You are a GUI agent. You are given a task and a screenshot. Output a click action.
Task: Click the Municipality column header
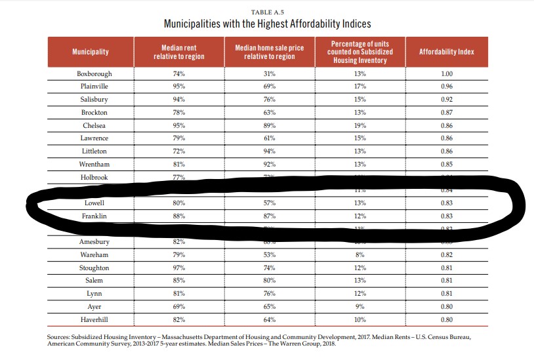[x=91, y=52]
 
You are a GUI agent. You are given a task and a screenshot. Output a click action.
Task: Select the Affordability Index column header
[x=446, y=52]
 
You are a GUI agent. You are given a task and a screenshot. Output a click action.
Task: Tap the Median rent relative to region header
[x=179, y=52]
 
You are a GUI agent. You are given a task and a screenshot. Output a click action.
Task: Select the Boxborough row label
[x=94, y=73]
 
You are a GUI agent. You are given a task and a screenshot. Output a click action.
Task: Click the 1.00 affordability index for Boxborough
[x=447, y=73]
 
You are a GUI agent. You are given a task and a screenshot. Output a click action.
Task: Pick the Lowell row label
[x=94, y=203]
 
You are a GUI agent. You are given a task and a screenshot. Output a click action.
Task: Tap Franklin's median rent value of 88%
[x=178, y=216]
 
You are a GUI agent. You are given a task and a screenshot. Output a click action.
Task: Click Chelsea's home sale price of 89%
[x=270, y=125]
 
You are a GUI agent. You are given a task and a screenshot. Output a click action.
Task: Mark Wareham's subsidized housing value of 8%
[x=359, y=254]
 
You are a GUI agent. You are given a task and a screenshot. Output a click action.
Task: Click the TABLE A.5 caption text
[x=267, y=12]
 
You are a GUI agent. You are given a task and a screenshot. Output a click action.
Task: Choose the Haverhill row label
[x=94, y=319]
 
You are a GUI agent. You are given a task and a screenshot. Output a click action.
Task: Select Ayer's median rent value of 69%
[x=178, y=306]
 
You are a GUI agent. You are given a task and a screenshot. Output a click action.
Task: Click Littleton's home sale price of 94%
[x=270, y=151]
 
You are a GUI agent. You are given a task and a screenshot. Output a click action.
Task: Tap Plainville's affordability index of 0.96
[x=447, y=87]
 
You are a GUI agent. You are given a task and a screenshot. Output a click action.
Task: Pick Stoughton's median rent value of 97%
[x=178, y=268]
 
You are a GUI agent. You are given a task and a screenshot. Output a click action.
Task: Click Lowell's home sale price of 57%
[x=270, y=203]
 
